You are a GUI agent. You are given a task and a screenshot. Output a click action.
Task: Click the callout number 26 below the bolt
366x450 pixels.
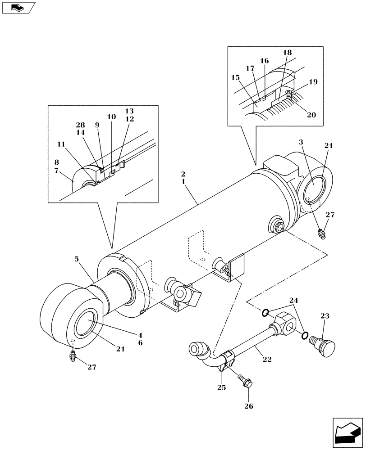(x=249, y=406)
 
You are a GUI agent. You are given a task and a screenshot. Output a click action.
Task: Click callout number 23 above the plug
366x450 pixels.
(x=325, y=316)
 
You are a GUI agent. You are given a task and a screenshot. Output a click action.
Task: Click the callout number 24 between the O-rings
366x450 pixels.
(x=294, y=300)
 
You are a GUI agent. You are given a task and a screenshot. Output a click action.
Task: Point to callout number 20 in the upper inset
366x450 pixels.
(x=311, y=115)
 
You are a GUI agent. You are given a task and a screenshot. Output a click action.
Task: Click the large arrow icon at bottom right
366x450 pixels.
(x=347, y=432)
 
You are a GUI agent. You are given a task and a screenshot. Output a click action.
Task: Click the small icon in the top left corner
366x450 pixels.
(x=18, y=8)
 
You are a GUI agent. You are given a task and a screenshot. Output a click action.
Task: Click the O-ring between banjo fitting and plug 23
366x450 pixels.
(x=305, y=335)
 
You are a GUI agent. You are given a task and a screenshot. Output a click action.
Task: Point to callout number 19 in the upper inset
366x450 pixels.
(x=314, y=82)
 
